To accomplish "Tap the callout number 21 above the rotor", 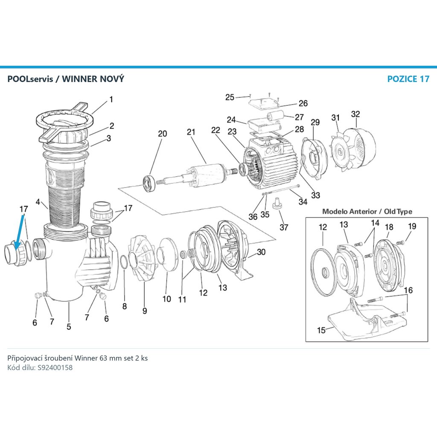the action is [x=191, y=132].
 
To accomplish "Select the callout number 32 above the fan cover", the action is [x=355, y=114].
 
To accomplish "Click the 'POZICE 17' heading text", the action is [x=408, y=79].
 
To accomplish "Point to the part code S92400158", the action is [x=55, y=367].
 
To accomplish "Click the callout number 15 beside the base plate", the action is [x=321, y=330].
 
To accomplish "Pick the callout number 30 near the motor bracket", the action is [x=261, y=252].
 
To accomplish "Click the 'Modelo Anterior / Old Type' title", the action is [x=367, y=211].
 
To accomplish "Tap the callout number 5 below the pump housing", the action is [x=69, y=326].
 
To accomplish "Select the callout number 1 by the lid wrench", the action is [x=111, y=99].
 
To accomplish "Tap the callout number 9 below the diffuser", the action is [x=145, y=311].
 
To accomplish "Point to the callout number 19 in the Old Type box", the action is [x=412, y=226].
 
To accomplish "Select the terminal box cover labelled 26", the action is [x=264, y=103].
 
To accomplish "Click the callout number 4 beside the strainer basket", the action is [x=38, y=202].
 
